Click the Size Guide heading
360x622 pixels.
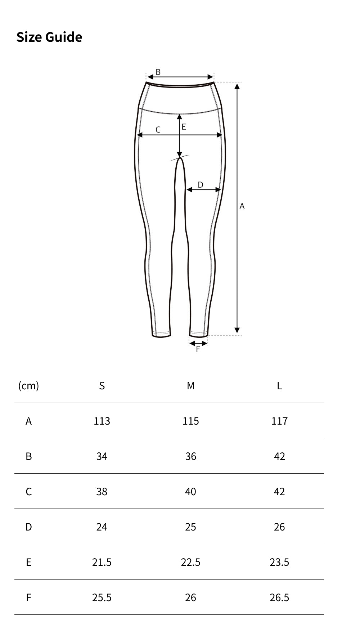(49, 37)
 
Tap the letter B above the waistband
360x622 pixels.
(158, 72)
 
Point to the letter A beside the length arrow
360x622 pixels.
(242, 206)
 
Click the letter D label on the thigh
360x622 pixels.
(201, 185)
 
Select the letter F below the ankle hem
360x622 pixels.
(198, 349)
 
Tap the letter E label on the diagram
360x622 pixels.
(184, 127)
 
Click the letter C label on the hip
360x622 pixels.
(158, 130)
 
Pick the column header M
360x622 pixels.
(190, 386)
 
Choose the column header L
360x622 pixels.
(279, 386)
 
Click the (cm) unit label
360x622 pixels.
(28, 386)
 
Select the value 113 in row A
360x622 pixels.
(102, 421)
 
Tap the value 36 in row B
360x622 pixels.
(190, 456)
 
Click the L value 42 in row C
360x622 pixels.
(279, 492)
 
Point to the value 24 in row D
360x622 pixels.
(102, 527)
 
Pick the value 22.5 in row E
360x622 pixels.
(190, 562)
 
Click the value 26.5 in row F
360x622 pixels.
(279, 598)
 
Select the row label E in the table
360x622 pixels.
(28, 562)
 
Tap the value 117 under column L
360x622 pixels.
(279, 421)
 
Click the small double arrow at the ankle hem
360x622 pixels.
(198, 343)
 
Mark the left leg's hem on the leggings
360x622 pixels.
(161, 335)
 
